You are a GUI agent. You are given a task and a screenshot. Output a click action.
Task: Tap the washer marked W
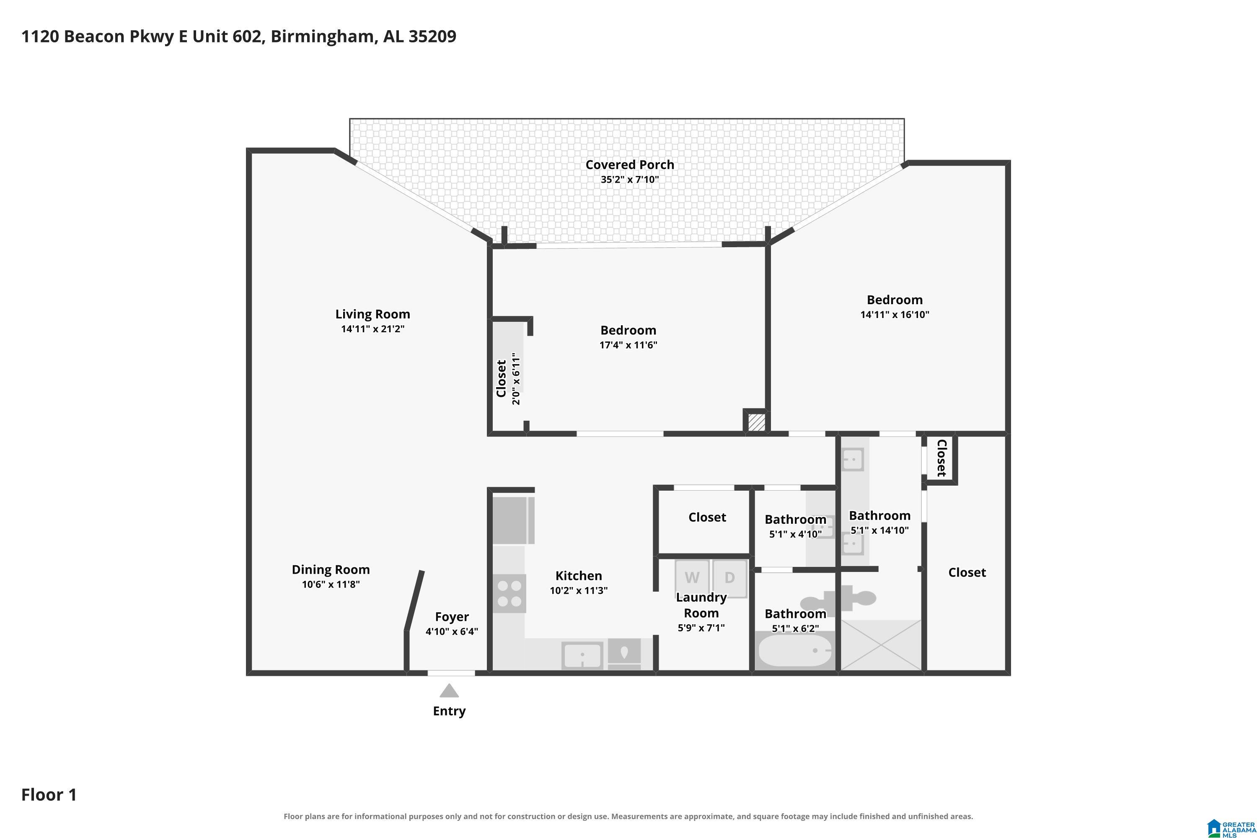tap(692, 578)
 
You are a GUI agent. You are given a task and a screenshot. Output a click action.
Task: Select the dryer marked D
tap(729, 578)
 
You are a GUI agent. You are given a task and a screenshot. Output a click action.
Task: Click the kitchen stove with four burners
tap(510, 593)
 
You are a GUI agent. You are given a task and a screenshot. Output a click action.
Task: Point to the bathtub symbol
tap(795, 650)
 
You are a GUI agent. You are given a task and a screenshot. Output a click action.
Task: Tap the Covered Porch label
tap(630, 165)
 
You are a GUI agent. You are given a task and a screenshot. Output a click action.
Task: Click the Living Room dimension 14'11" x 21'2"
tap(372, 328)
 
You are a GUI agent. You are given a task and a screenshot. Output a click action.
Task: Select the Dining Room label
tap(331, 570)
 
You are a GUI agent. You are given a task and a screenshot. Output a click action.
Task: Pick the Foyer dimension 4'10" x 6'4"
tap(452, 631)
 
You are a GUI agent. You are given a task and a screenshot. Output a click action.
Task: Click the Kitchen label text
tap(579, 576)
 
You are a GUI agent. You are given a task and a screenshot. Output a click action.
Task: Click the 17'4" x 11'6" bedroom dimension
tap(628, 345)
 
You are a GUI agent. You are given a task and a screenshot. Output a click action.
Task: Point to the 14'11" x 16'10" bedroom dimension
tap(895, 314)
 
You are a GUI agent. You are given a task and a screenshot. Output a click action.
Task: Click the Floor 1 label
tap(49, 795)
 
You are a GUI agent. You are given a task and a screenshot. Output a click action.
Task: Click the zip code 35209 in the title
tap(432, 36)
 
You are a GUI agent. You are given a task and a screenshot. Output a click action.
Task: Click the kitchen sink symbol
tap(582, 655)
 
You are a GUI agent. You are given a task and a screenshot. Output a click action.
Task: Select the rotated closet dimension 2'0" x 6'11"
tap(516, 378)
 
